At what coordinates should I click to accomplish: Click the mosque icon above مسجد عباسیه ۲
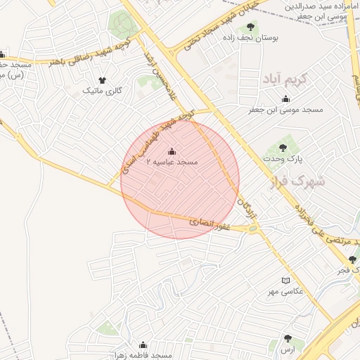(172, 151)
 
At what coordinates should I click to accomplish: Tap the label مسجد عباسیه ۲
(172, 162)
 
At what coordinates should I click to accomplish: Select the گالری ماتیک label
(103, 91)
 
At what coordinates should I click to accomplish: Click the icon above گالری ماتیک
(103, 81)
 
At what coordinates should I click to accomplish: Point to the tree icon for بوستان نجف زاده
(250, 27)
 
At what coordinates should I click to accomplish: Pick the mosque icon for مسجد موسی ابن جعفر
(285, 99)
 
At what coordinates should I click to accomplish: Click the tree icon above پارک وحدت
(283, 148)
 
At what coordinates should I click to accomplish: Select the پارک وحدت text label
(282, 159)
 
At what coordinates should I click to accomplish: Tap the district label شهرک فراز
(298, 182)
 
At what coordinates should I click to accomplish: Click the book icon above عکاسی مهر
(285, 281)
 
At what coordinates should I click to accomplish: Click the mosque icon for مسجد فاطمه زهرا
(143, 345)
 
